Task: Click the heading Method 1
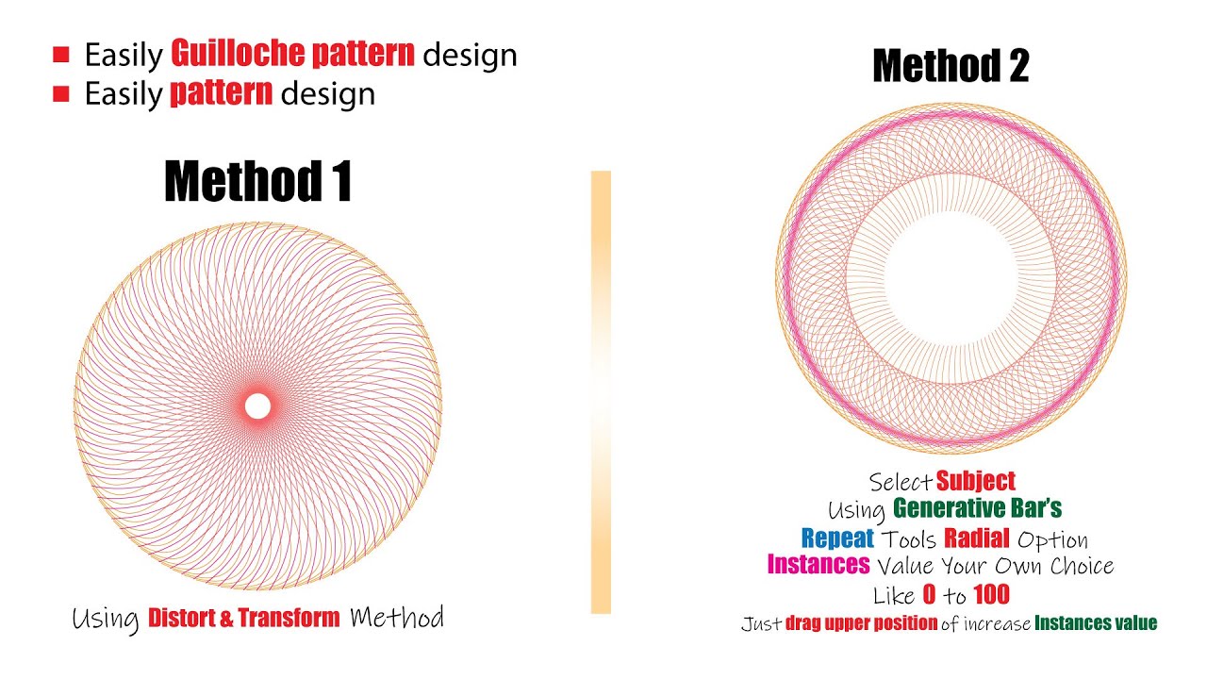(x=258, y=181)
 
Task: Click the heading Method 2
(x=951, y=66)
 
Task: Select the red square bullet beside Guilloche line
(x=61, y=56)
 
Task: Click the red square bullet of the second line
(x=61, y=93)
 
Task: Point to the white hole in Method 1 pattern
(x=257, y=406)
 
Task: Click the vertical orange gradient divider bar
(x=601, y=391)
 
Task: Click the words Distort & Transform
(x=244, y=619)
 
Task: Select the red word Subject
(x=976, y=482)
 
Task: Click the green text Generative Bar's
(x=977, y=509)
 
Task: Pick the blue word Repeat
(x=837, y=538)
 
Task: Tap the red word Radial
(x=977, y=538)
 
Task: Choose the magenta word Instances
(x=818, y=565)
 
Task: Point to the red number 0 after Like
(x=930, y=594)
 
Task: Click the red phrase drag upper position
(x=861, y=623)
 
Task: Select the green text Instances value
(x=1096, y=623)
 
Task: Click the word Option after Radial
(x=1052, y=539)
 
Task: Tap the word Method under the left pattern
(x=396, y=619)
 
